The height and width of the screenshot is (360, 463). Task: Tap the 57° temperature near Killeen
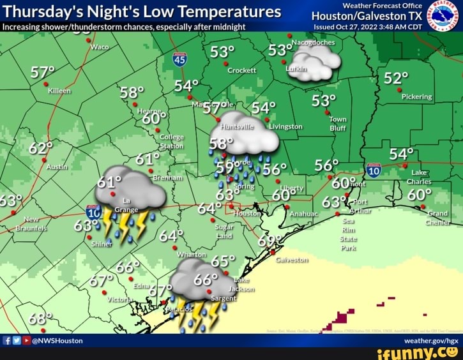(43, 71)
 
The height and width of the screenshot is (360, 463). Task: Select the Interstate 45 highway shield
(179, 59)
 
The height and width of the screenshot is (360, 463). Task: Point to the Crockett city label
(242, 70)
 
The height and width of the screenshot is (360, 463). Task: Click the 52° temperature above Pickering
(396, 78)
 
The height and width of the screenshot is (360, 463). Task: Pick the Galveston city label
(292, 260)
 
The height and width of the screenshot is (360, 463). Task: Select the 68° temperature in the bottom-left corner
(41, 318)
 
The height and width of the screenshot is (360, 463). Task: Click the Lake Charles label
(420, 177)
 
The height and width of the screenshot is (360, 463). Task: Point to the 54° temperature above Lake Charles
(402, 154)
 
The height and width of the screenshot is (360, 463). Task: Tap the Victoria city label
(120, 299)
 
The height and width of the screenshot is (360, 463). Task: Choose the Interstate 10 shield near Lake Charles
(374, 170)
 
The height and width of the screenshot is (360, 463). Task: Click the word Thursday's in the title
(41, 11)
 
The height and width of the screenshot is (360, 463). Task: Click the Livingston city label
(285, 126)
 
